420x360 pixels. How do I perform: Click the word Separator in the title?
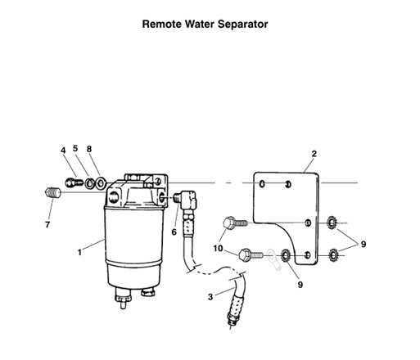pyautogui.click(x=238, y=24)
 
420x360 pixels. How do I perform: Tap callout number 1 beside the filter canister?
pyautogui.click(x=79, y=252)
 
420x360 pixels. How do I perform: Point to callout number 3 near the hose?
pyautogui.click(x=211, y=298)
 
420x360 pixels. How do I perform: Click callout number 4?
pyautogui.click(x=62, y=150)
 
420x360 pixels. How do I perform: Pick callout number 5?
pyautogui.click(x=75, y=149)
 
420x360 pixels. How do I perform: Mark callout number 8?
pyautogui.click(x=89, y=149)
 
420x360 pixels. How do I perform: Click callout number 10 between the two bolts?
pyautogui.click(x=218, y=248)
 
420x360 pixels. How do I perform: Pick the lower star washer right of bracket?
pyautogui.click(x=333, y=254)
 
